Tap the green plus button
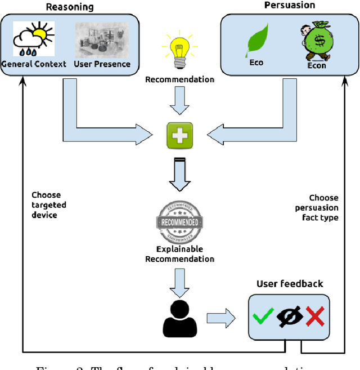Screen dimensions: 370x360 point(180,135)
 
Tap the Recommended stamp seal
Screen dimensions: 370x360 point(179,221)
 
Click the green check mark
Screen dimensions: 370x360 point(263,318)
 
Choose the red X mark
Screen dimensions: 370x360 point(314,318)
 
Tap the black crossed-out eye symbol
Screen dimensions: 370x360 point(289,318)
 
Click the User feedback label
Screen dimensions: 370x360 point(290,284)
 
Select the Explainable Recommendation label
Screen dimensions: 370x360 point(180,254)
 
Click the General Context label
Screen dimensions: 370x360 point(34,64)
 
